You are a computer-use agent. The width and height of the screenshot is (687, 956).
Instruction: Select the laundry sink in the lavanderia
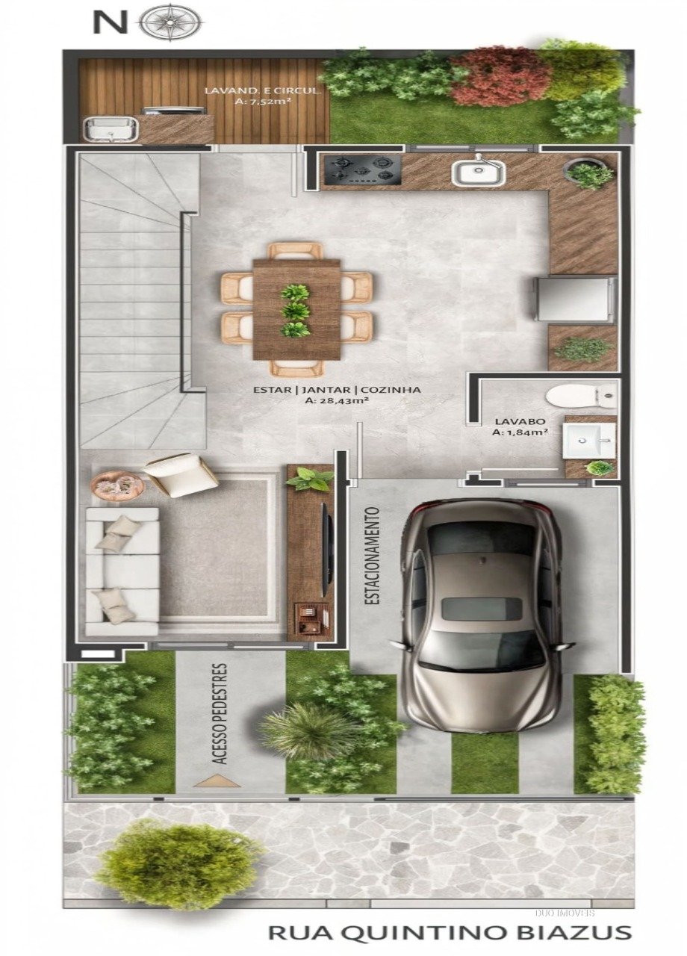point(111,129)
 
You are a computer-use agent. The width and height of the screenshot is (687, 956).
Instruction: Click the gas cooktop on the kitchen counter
point(362,170)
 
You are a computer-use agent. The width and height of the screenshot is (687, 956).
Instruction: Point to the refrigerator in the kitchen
point(576,299)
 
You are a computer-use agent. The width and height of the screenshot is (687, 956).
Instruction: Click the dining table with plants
point(296,309)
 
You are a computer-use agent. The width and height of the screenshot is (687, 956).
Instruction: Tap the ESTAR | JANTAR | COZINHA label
point(337,389)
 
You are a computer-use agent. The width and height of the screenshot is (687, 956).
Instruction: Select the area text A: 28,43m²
point(337,401)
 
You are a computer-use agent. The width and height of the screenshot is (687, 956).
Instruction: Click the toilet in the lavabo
point(581,396)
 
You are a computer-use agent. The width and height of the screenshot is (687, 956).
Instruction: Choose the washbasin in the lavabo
point(589,440)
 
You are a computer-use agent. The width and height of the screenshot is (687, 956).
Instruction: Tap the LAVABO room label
point(520,420)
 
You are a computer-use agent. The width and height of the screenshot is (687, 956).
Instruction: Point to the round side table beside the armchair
point(116,484)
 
